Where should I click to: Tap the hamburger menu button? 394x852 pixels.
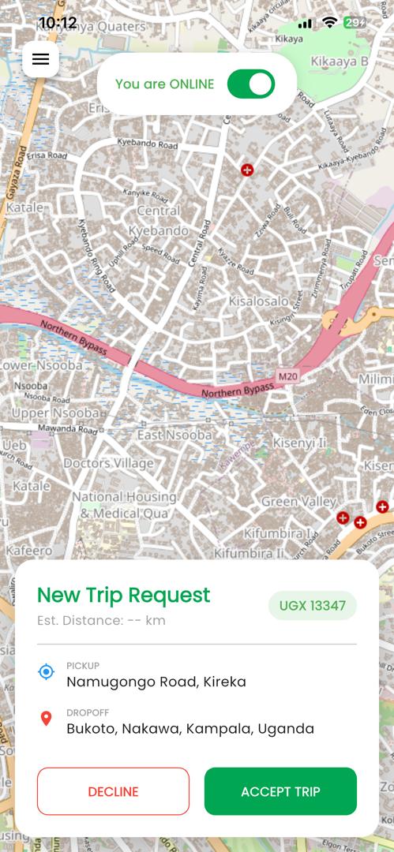coord(40,59)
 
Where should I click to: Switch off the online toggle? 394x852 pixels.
coord(250,84)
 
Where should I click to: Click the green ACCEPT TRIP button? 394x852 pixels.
coord(280,791)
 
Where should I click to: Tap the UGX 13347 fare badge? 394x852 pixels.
coord(313,606)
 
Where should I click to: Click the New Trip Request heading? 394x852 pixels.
coord(124,595)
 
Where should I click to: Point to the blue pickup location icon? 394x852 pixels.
coord(47,672)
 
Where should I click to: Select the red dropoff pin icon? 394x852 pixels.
coord(47,719)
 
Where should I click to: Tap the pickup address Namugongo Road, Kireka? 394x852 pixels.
coord(156,682)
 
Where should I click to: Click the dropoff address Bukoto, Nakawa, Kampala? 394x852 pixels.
coord(190,728)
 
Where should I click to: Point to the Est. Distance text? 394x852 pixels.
coord(101,620)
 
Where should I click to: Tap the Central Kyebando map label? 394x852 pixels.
coord(163,221)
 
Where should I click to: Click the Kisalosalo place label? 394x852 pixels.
coord(258,301)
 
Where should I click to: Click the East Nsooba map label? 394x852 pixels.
coord(174,435)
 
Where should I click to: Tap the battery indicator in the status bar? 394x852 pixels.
coord(355,23)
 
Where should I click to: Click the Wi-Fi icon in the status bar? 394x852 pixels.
coord(329,23)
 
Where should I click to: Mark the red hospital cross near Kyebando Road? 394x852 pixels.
coord(247,170)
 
